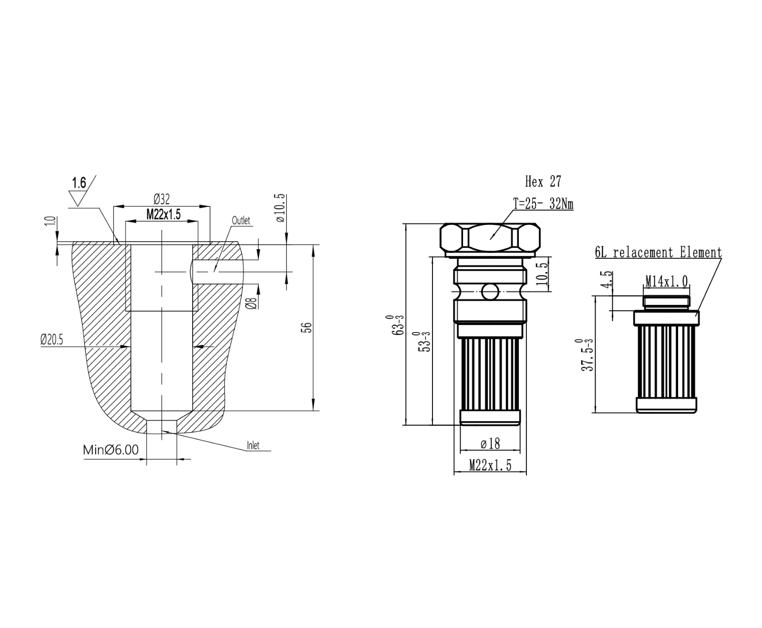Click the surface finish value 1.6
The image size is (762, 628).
[x=79, y=183]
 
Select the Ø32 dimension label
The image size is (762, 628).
[x=162, y=199]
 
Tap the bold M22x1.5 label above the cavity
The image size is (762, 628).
[x=164, y=214]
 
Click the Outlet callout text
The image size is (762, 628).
[x=241, y=221]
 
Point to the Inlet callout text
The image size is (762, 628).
[x=253, y=446]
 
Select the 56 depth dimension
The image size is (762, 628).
[x=308, y=327]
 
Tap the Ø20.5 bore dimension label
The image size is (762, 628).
[x=51, y=340]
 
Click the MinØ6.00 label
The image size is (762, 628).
[x=111, y=450]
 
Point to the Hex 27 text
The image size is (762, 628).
[x=543, y=182]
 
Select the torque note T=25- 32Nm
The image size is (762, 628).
[x=543, y=204]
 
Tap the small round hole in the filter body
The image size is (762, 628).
[x=490, y=290]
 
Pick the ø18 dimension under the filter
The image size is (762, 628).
[x=490, y=444]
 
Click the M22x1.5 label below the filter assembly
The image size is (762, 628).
[x=490, y=466]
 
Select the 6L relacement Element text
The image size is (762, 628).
[x=658, y=253]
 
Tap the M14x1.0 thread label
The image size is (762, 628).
[x=667, y=282]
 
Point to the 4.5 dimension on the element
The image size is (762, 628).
[x=607, y=280]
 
